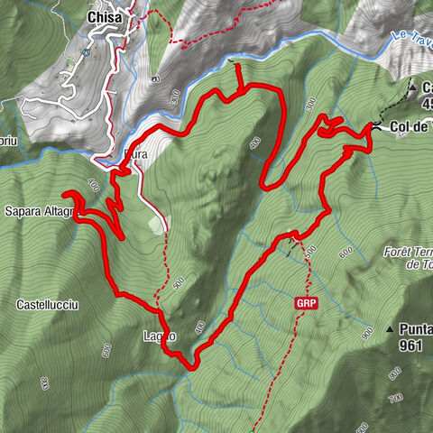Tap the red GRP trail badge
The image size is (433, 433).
coord(306,304)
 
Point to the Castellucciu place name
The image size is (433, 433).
coord(47,306)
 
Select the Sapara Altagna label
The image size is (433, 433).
coord(34,213)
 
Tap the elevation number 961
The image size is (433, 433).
coord(410,345)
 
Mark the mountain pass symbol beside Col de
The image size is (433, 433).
coord(375,128)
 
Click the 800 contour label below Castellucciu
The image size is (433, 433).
coord(42,382)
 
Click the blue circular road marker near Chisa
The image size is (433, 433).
coord(83,52)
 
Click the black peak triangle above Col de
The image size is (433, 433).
coord(410,88)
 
